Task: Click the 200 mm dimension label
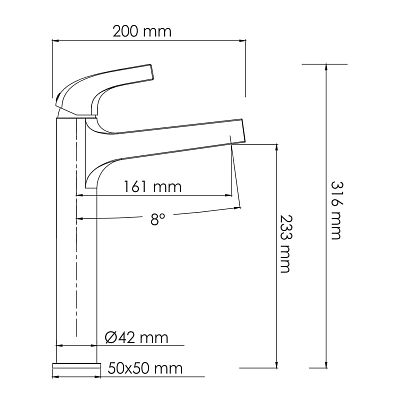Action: tap(142, 32)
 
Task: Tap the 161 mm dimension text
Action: tap(153, 187)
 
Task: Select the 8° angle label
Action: tap(157, 219)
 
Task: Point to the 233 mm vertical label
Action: tap(286, 244)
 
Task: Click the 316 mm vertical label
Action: tap(336, 210)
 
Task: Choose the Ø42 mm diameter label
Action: tap(136, 338)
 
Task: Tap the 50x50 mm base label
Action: tap(145, 369)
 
